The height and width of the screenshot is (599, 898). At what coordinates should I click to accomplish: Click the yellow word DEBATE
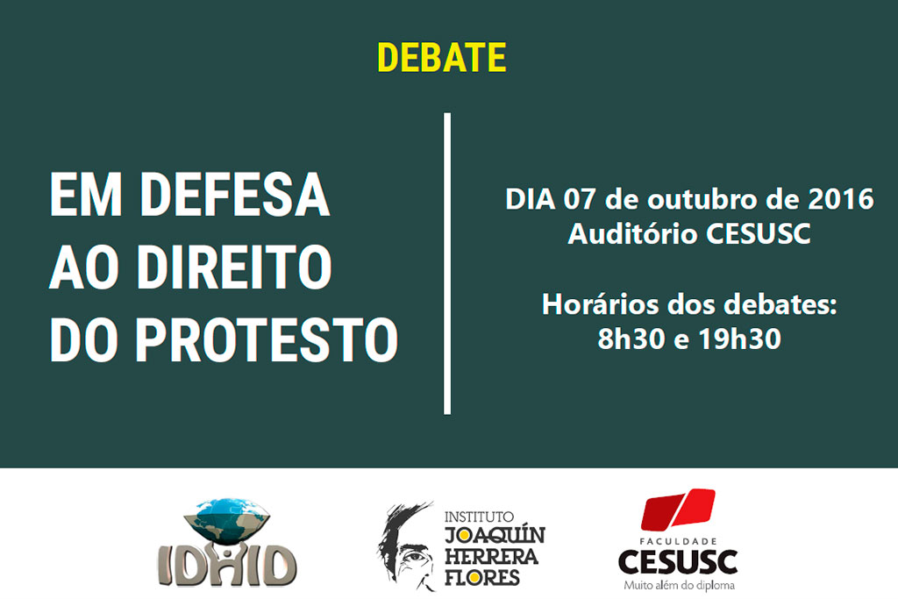click(x=442, y=57)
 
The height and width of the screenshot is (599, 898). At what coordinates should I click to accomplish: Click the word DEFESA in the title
click(x=235, y=194)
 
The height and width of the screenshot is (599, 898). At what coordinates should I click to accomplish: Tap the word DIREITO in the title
click(x=233, y=267)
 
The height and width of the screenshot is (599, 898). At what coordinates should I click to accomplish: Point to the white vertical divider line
click(x=447, y=263)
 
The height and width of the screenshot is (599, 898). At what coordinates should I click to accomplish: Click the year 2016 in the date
click(x=841, y=199)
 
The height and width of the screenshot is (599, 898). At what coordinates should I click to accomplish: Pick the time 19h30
click(x=740, y=339)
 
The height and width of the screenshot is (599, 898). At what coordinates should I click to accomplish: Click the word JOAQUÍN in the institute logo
click(x=495, y=536)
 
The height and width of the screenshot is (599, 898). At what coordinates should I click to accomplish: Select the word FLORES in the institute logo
click(x=482, y=577)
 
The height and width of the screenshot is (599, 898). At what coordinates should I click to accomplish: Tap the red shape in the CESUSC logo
click(x=678, y=509)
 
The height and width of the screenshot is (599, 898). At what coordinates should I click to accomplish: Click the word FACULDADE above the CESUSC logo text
click(x=678, y=541)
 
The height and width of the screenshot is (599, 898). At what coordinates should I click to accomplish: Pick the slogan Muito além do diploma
click(x=679, y=585)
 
